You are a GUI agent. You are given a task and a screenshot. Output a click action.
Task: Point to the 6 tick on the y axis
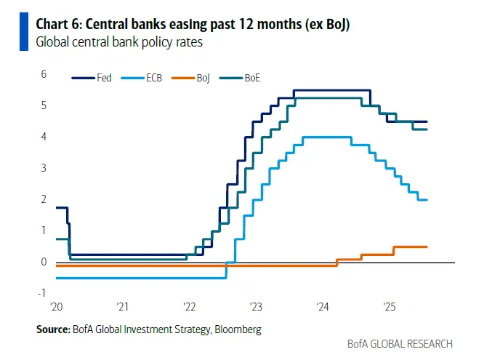44,74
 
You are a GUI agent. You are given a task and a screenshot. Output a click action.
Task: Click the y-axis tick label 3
44,168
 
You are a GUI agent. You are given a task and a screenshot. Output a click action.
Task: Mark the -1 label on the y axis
42,294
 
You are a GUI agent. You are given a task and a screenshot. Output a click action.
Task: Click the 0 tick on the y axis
44,262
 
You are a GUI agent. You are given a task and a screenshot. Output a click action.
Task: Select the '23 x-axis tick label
256,307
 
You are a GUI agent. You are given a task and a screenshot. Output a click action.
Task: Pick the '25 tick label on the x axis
389,307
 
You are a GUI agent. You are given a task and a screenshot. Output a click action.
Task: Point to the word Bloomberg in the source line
236,329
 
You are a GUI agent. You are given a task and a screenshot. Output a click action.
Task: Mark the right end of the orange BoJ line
427,247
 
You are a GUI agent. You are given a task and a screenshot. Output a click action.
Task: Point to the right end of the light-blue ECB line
427,199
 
